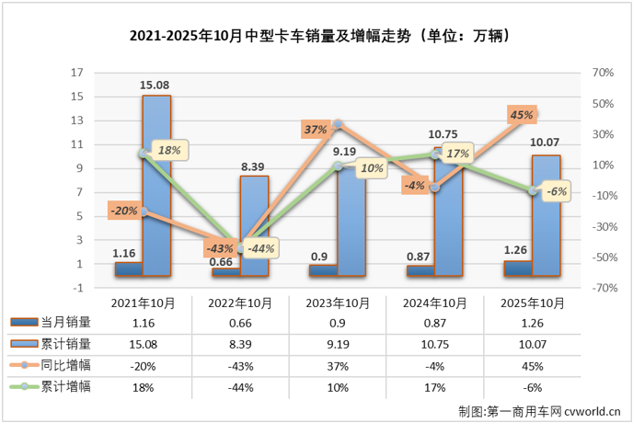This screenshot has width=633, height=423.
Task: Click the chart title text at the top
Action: pyautogui.click(x=316, y=38)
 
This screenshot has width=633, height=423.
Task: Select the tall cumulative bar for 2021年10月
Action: pyautogui.click(x=156, y=184)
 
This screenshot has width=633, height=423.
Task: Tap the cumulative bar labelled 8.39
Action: pyautogui.click(x=255, y=225)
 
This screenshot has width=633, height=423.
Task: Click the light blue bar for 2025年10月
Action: pyautogui.click(x=546, y=215)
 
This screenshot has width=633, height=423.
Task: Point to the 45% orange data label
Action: pyautogui.click(x=522, y=115)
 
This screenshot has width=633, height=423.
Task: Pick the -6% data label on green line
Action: pyautogui.click(x=557, y=191)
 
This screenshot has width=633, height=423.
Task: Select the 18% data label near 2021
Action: pyautogui.click(x=169, y=149)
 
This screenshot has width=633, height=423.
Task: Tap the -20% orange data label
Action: pyautogui.click(x=122, y=211)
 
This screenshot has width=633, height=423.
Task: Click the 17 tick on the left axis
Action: pyautogui.click(x=78, y=73)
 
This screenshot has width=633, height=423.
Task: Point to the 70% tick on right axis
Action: pyautogui.click(x=603, y=73)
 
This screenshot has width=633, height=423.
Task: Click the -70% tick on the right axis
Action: pyautogui.click(x=603, y=288)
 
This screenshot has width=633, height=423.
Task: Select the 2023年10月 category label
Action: pyautogui.click(x=338, y=303)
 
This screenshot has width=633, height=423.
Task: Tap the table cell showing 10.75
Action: pyautogui.click(x=436, y=343)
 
